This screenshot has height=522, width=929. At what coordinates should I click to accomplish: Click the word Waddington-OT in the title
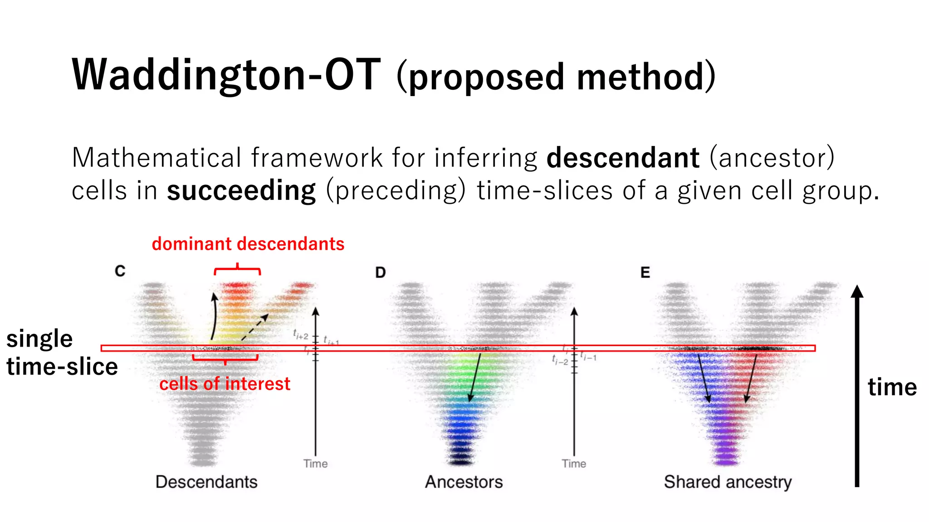tap(225, 75)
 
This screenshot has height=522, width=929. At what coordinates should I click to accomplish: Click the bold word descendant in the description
tap(622, 158)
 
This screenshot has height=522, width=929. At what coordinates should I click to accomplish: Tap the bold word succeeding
tap(241, 191)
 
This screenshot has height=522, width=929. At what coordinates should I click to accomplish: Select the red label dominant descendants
tap(248, 244)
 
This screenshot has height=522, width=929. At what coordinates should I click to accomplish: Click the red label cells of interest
tap(225, 384)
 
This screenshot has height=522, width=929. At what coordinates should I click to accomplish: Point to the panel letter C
tap(120, 271)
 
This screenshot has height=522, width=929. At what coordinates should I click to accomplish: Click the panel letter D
tap(380, 272)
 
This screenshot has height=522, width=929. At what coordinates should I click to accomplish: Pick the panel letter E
tap(645, 272)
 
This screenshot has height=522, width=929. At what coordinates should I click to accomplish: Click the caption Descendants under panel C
tap(206, 482)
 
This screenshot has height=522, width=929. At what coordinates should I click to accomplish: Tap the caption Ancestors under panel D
tap(464, 482)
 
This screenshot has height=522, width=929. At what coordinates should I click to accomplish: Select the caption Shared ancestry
tap(728, 482)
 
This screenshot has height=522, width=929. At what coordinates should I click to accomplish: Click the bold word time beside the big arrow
tap(892, 387)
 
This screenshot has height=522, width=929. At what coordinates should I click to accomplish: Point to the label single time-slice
tap(61, 353)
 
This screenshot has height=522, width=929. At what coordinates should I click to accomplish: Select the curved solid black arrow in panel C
tap(213, 317)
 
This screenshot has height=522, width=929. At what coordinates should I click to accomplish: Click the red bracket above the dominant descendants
tap(237, 270)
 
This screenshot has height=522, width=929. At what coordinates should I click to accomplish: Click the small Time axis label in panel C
tap(315, 464)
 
